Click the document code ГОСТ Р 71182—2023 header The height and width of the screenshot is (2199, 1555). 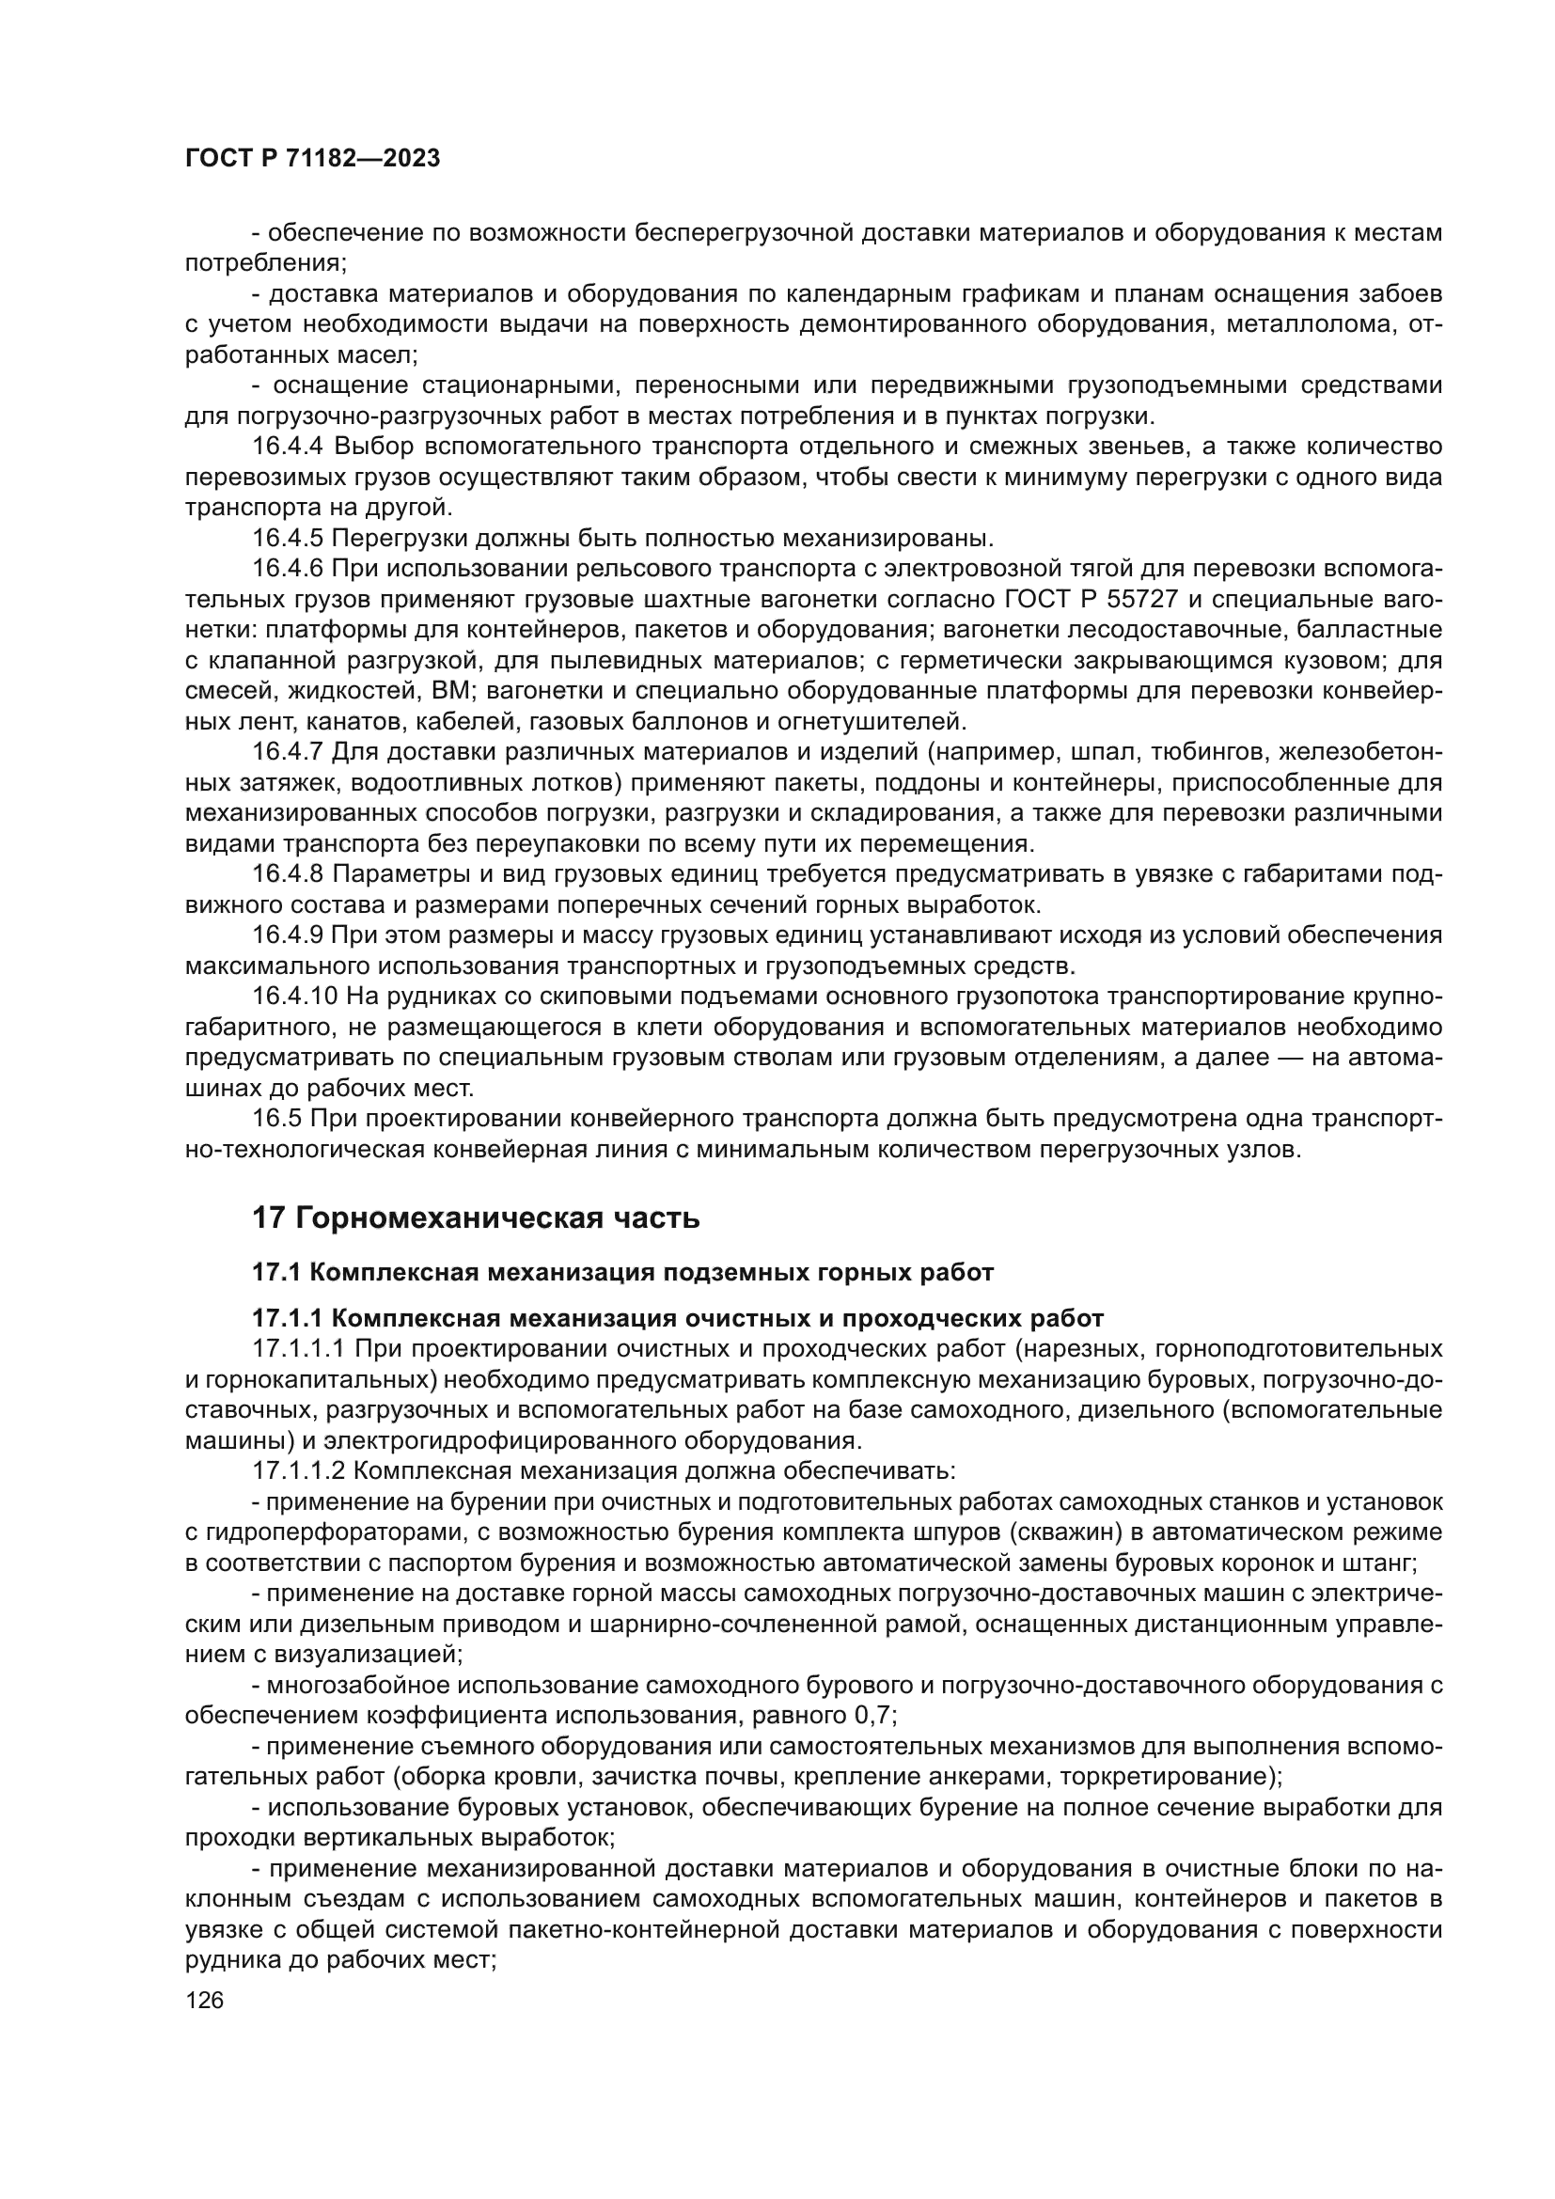tap(312, 159)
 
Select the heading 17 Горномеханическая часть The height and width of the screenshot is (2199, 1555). tap(475, 1218)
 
